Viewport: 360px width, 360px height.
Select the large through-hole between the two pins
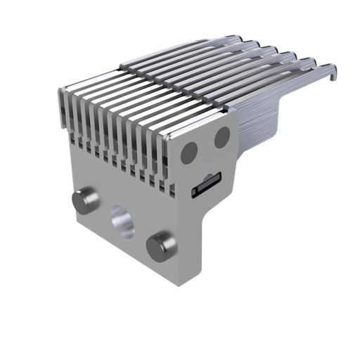tap(122, 221)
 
